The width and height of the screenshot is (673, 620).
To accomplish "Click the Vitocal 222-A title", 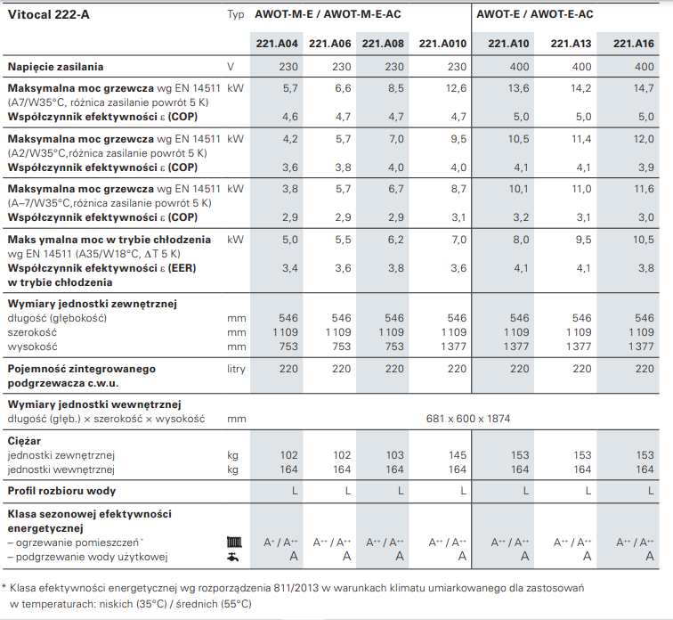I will (44, 14).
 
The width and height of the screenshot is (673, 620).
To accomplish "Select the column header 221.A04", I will (277, 44).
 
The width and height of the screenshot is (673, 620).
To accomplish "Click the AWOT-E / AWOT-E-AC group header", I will (534, 14).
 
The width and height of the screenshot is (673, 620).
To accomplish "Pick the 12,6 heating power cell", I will (457, 88).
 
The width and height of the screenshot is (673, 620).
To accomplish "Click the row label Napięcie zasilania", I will (55, 67).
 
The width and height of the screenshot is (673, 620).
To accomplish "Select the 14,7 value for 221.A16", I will (644, 88).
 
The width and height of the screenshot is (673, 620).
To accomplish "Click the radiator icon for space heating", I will (235, 542).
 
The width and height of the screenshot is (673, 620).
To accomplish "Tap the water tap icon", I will (235, 557).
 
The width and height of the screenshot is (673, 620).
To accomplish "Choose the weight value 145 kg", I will (457, 454).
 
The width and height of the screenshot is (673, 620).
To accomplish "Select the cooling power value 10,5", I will (644, 240).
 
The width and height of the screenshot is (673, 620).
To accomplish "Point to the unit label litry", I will (237, 368).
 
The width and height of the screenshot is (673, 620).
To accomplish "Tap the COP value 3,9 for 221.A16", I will (644, 167).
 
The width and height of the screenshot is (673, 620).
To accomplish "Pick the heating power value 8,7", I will (457, 189).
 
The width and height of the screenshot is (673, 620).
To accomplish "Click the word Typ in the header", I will (236, 14).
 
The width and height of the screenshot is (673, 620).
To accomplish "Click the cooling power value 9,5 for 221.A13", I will (581, 240).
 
